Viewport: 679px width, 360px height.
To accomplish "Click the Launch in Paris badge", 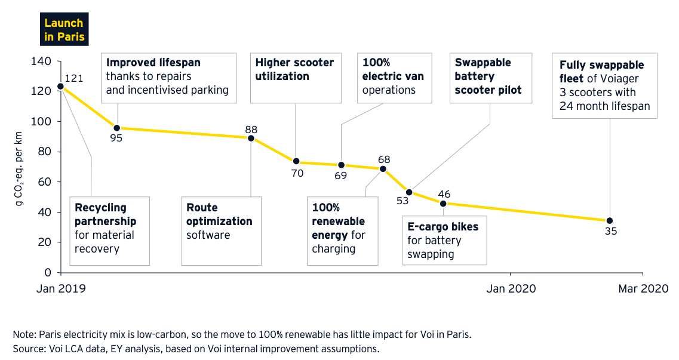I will click(64, 30).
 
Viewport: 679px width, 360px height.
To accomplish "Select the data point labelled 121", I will click(60, 87).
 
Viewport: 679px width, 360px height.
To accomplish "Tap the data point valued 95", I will click(117, 128).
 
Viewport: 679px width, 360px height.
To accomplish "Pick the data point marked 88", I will click(251, 138).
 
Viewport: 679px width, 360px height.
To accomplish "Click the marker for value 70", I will click(297, 161).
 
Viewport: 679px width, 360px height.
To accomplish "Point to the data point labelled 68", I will click(383, 169).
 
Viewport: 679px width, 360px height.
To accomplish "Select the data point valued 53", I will click(409, 192).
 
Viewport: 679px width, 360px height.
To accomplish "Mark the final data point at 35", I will click(609, 220).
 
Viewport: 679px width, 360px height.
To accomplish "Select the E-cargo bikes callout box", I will click(444, 241).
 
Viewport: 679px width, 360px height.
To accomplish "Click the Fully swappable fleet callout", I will click(604, 85).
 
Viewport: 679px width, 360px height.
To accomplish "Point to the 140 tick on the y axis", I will click(44, 61).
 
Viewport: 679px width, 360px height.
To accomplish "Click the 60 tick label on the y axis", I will click(47, 182).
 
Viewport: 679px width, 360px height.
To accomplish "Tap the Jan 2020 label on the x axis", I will click(511, 289).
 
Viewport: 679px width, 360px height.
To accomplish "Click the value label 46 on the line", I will click(444, 194).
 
